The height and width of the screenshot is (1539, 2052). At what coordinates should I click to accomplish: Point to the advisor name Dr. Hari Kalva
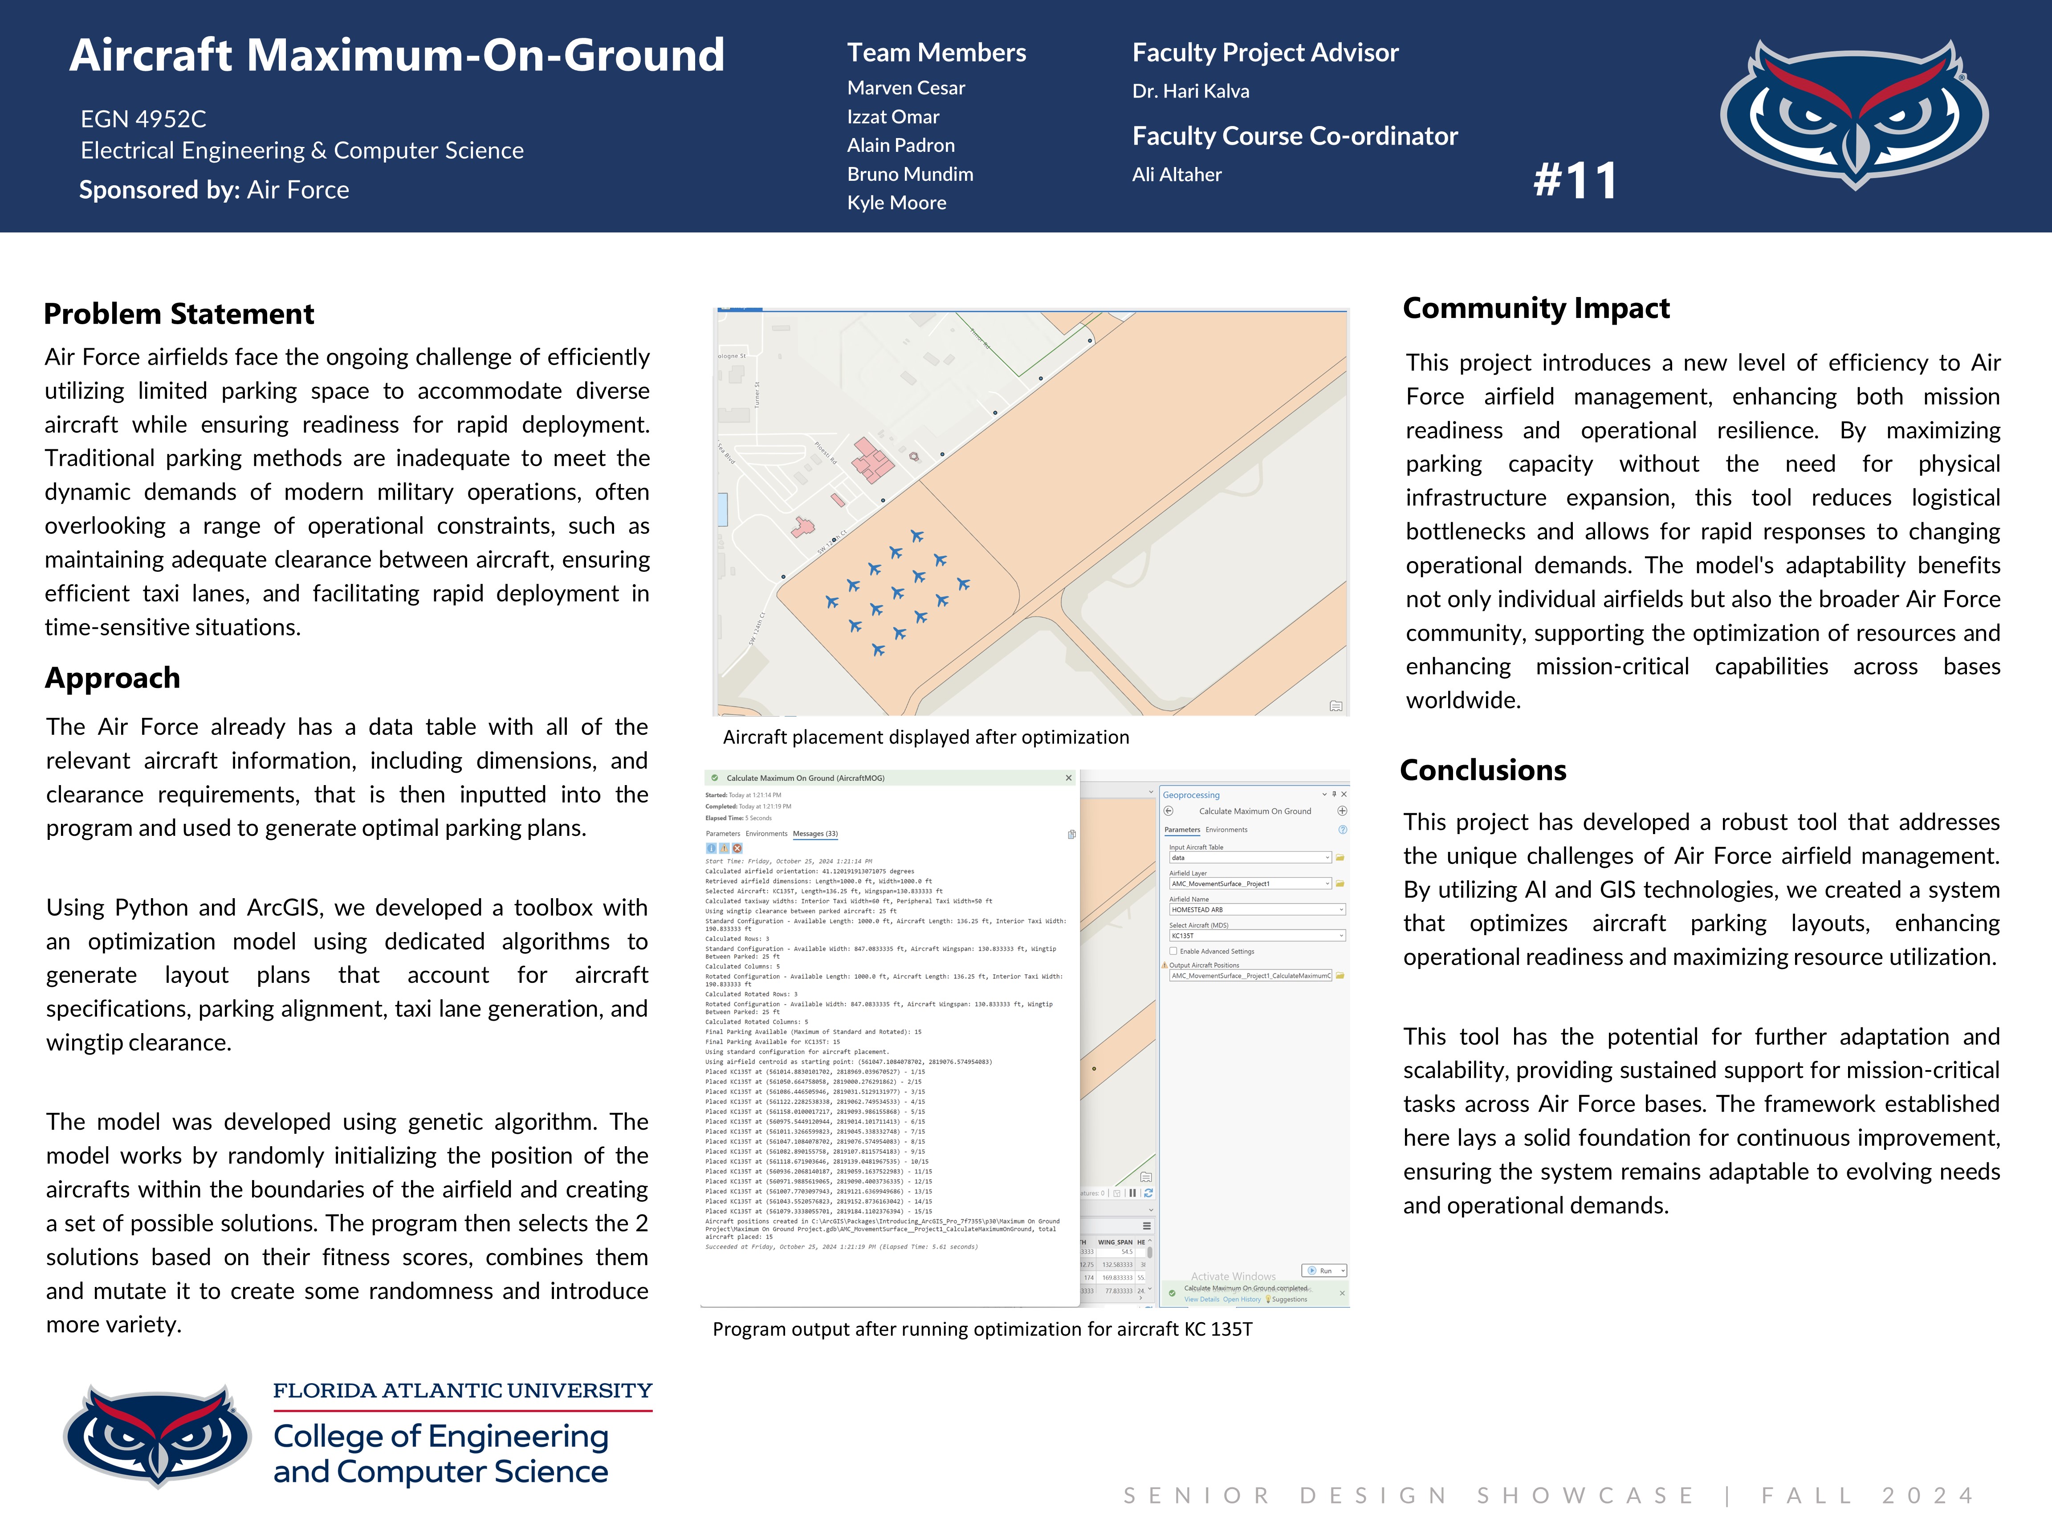(x=1190, y=91)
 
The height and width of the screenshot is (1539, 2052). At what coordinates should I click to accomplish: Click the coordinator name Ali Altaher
(x=1176, y=175)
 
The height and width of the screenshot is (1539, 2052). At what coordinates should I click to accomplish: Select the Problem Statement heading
(x=179, y=314)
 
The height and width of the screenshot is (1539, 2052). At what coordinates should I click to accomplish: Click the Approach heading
(x=112, y=678)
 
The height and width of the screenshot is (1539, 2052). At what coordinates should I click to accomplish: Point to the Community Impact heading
(x=1535, y=308)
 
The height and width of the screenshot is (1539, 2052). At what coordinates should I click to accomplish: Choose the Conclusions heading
(x=1482, y=770)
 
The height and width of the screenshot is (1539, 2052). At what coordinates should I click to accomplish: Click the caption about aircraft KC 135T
(x=981, y=1329)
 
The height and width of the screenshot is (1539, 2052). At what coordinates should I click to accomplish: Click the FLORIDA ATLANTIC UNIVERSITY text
(x=462, y=1391)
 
